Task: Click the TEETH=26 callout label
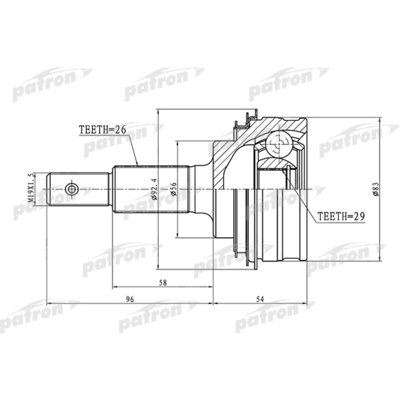(102, 130)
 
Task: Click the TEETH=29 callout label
(341, 217)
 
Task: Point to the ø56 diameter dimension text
(174, 189)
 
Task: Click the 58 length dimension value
(163, 282)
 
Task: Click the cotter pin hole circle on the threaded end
(71, 189)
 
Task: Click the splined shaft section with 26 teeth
(151, 189)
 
